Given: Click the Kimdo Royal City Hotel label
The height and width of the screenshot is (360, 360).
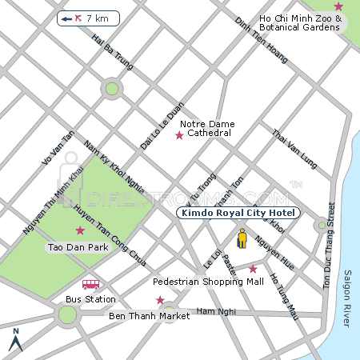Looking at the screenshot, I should click(x=237, y=214).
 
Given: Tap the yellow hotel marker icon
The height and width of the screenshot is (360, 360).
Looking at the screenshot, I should click(x=242, y=239).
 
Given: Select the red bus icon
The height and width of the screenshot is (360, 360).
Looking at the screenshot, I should click(x=91, y=284).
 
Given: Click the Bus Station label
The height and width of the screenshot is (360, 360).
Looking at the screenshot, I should click(x=90, y=299).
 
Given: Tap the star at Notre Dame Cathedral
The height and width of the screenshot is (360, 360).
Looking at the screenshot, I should click(x=179, y=136).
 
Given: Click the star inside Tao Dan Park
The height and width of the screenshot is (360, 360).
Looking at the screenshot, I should click(x=79, y=230).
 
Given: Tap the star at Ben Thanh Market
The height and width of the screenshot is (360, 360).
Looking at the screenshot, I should click(x=160, y=300).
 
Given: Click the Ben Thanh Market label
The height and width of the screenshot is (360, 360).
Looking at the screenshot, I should click(x=149, y=316).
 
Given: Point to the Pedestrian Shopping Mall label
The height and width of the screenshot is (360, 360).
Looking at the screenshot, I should click(x=208, y=282).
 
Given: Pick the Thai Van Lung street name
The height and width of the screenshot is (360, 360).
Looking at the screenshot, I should click(x=294, y=149).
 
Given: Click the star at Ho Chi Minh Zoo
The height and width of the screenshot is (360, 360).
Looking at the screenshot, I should click(x=338, y=6).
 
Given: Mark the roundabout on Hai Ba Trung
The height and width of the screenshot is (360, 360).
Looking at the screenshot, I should click(x=112, y=89).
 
